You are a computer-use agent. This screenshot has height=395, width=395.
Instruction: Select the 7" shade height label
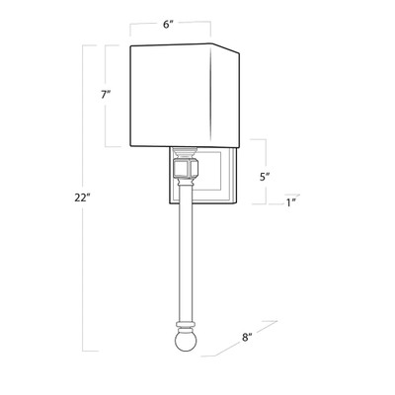(106, 95)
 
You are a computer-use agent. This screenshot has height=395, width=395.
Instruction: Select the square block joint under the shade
(183, 175)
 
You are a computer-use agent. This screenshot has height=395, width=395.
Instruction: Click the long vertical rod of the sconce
(183, 257)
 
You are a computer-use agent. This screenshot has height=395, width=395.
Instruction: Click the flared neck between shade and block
(183, 155)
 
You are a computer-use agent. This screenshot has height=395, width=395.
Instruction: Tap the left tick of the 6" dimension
(132, 28)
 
